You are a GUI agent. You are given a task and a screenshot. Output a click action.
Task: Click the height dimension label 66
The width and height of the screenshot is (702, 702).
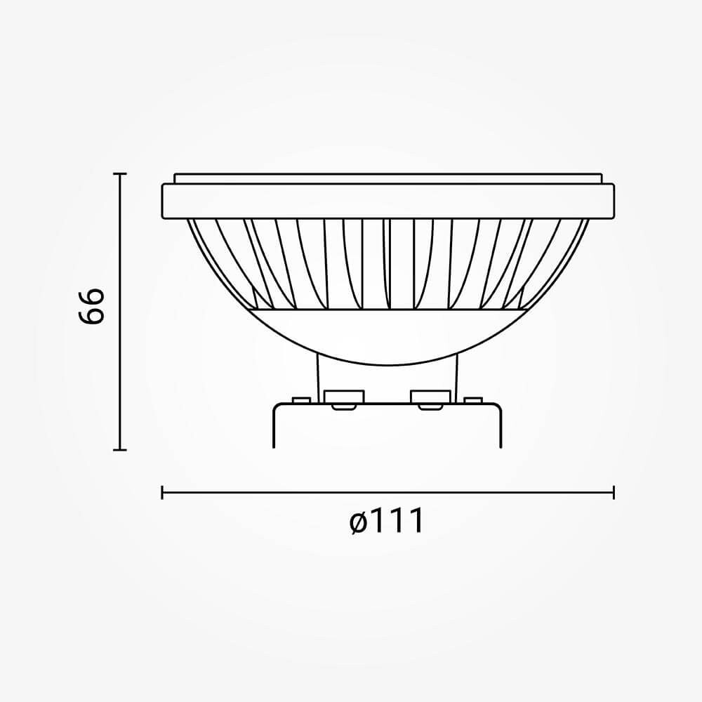pos(92,306)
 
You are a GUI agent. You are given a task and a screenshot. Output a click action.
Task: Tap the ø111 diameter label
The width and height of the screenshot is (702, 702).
pos(386,521)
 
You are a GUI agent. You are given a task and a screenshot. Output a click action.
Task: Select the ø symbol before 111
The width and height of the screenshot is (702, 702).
pos(359,522)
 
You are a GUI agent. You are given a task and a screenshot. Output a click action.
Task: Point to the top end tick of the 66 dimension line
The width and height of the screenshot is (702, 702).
pos(119,173)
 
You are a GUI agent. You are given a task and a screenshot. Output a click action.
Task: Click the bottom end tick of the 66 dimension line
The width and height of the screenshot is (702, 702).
pos(119,449)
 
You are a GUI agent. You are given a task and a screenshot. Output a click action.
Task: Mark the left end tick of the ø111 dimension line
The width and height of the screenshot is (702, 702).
pos(162,493)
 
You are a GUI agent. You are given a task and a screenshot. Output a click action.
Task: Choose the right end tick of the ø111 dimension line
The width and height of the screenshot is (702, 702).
pos(614,493)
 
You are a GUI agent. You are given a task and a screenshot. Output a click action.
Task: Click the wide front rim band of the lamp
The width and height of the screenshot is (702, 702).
pos(388,201)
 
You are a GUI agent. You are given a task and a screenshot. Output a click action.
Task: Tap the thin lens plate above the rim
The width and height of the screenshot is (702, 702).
pos(388,178)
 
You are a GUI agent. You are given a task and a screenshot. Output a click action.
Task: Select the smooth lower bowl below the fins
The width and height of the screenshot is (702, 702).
pos(388,336)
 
